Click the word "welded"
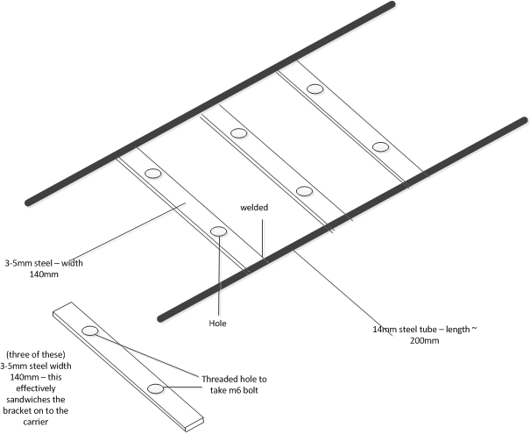(x=254, y=208)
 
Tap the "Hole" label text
(x=217, y=324)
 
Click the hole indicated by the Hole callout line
(x=219, y=231)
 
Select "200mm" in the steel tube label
(x=425, y=340)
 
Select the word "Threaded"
(x=217, y=379)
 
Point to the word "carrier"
(x=36, y=422)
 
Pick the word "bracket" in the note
(x=17, y=410)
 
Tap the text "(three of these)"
(x=36, y=354)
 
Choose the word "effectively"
(x=36, y=388)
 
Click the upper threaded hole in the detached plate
(x=90, y=331)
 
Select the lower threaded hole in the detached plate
(x=155, y=389)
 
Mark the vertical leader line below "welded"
(x=263, y=238)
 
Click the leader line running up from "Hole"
(x=219, y=275)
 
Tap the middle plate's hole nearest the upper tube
(x=238, y=133)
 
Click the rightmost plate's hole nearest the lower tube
(x=380, y=146)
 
